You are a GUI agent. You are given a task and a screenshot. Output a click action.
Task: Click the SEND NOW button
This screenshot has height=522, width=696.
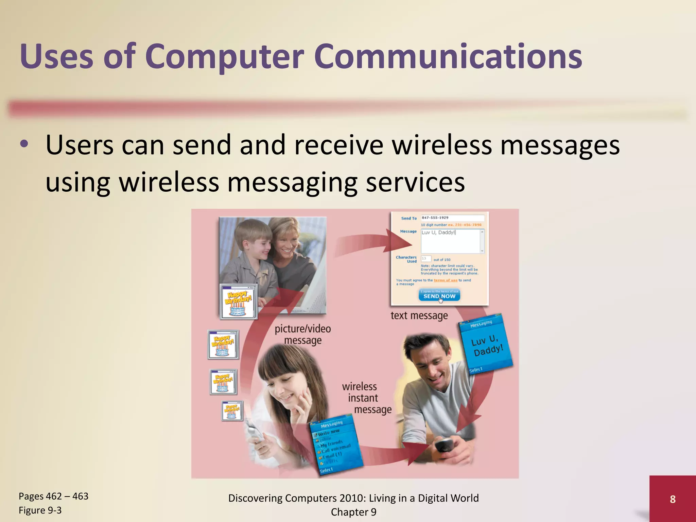coord(439,296)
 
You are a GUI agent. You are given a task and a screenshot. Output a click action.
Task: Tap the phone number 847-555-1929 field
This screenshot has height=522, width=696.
coord(452,218)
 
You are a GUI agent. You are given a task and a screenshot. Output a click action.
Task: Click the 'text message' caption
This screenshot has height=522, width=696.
coord(419,316)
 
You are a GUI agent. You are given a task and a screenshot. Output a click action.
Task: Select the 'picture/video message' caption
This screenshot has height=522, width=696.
coord(302,334)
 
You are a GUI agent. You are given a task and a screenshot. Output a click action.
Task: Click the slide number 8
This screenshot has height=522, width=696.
coord(673,499)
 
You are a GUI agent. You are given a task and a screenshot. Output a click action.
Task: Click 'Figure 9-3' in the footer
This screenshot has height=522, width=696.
coord(40,510)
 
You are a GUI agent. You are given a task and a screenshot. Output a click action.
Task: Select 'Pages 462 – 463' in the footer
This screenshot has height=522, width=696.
coord(53,496)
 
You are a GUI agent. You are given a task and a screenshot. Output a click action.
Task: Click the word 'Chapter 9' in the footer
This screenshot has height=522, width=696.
coord(353,512)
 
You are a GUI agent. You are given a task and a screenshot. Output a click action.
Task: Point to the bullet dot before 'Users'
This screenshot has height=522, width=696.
coord(24,144)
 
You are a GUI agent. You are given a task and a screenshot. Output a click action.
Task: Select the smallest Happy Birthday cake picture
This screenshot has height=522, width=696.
coord(232,411)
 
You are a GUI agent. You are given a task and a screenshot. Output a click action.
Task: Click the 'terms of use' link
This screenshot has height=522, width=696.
coord(445,280)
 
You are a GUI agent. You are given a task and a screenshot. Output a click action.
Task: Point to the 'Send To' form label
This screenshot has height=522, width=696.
coord(408,218)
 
